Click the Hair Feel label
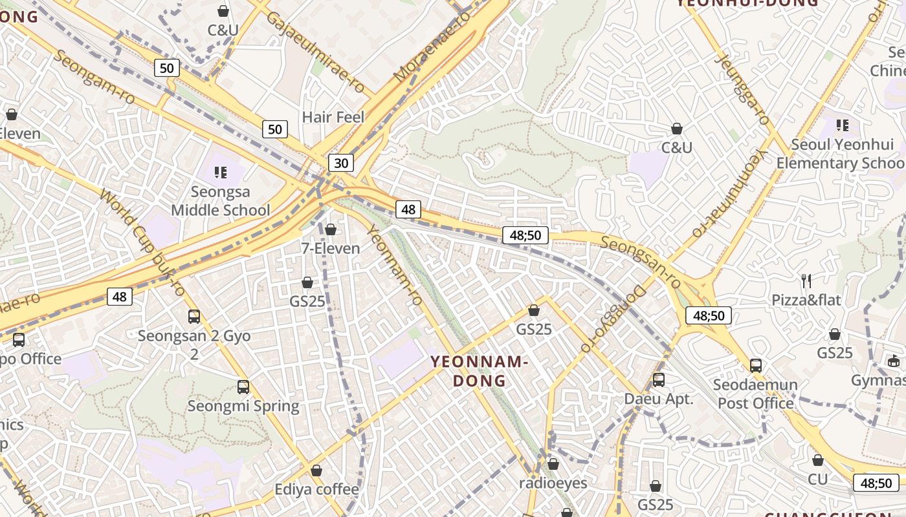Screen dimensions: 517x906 [x=333, y=117]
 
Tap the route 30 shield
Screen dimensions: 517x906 [x=340, y=163]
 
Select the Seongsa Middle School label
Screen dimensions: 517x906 [x=221, y=201]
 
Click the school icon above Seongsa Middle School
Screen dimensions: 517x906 [x=221, y=173]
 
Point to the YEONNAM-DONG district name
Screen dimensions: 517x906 [x=480, y=371]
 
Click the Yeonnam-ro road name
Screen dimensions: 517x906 [x=394, y=265]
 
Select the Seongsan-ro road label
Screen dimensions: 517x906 [x=641, y=262]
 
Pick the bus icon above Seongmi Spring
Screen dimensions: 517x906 [x=243, y=387]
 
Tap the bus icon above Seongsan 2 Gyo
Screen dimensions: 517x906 [x=194, y=317]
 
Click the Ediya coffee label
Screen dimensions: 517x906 [x=316, y=489]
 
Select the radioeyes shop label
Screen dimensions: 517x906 [x=553, y=483]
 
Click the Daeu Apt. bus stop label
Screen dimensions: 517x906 [x=658, y=399]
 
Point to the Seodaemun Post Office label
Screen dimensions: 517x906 [x=755, y=394]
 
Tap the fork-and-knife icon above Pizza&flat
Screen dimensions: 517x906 [x=806, y=280]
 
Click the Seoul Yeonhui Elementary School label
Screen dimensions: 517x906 [x=841, y=154]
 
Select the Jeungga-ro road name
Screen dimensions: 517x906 [x=743, y=89]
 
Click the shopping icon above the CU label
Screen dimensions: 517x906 [x=818, y=460]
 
